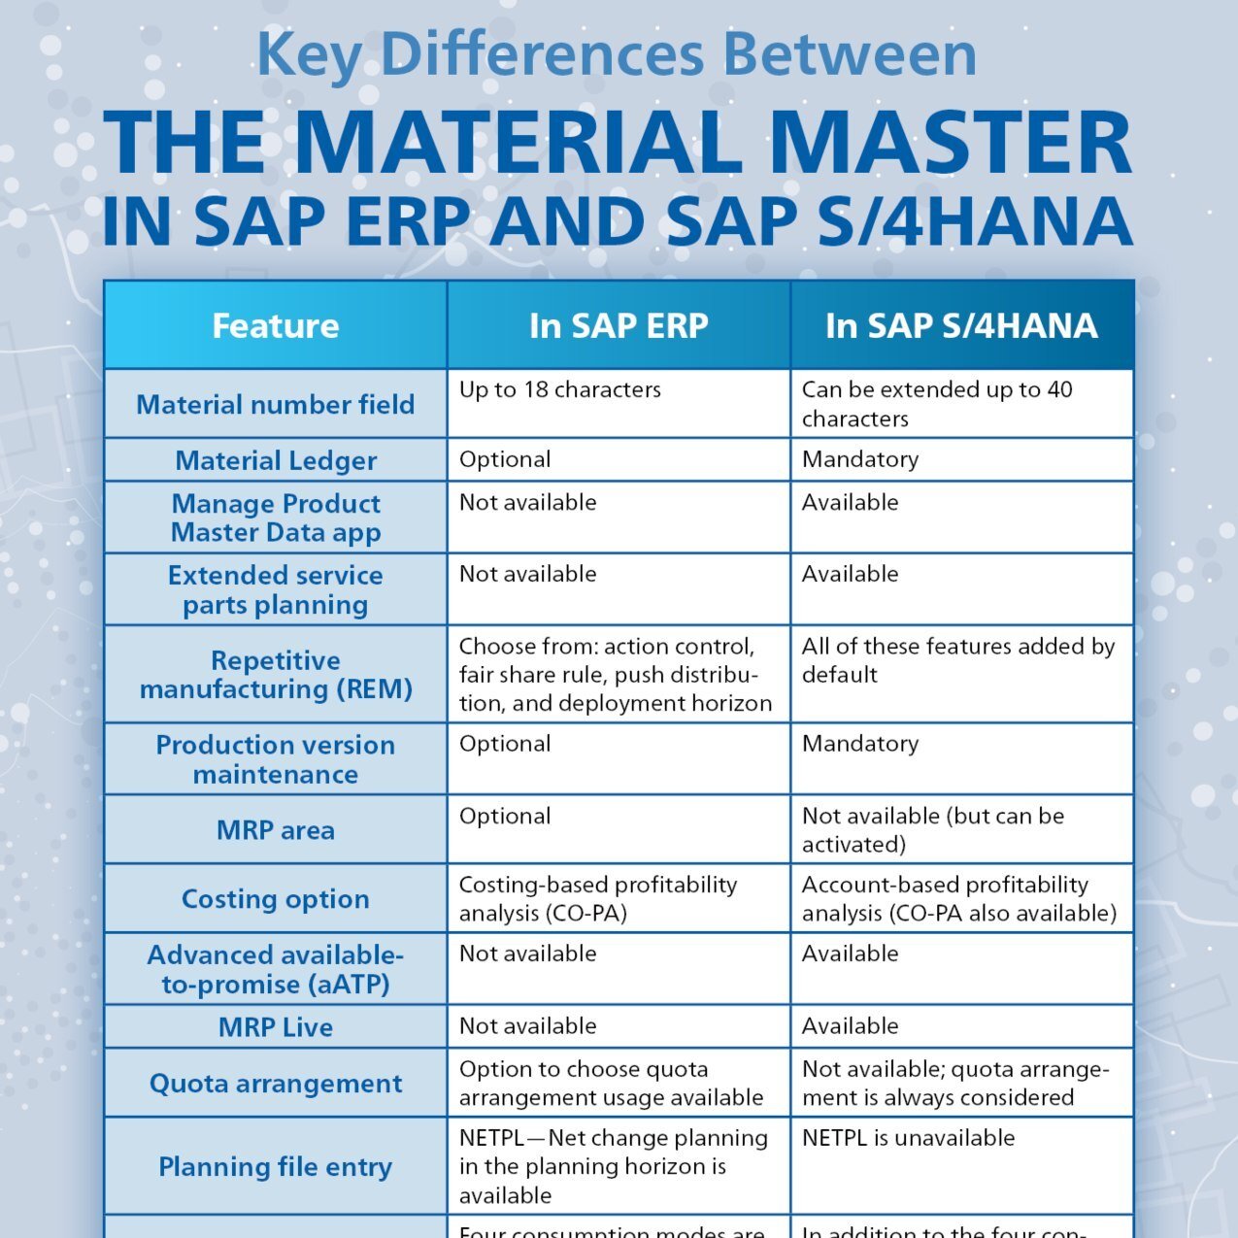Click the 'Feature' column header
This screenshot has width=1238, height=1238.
pyautogui.click(x=276, y=326)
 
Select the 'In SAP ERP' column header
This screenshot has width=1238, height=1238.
pyautogui.click(x=619, y=326)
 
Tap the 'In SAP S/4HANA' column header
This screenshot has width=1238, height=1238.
pyautogui.click(x=961, y=326)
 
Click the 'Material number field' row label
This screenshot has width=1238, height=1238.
pyautogui.click(x=276, y=404)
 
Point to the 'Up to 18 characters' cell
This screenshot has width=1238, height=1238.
pyautogui.click(x=560, y=390)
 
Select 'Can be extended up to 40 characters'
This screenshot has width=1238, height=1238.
pyautogui.click(x=937, y=404)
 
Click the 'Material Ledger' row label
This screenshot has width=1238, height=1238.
pyautogui.click(x=276, y=460)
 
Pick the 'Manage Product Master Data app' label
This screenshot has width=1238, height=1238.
pyautogui.click(x=276, y=518)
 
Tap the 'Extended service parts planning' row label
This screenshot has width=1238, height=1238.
pyautogui.click(x=276, y=589)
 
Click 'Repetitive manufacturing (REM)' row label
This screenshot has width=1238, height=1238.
pyautogui.click(x=276, y=675)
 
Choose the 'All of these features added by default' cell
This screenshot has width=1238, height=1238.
pyautogui.click(x=957, y=660)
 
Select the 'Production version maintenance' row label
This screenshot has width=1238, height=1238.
pyautogui.click(x=276, y=759)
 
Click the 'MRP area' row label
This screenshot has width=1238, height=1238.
pyautogui.click(x=276, y=830)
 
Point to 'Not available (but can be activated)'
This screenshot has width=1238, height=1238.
pyautogui.click(x=932, y=830)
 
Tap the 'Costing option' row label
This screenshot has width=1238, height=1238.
pyautogui.click(x=276, y=899)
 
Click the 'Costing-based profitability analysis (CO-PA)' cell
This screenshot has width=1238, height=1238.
pyautogui.click(x=597, y=899)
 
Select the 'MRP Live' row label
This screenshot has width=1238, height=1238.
pyautogui.click(x=276, y=1027)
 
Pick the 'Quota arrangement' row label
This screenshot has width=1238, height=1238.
pyautogui.click(x=276, y=1084)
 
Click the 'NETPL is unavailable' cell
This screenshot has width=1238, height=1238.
pyautogui.click(x=908, y=1138)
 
